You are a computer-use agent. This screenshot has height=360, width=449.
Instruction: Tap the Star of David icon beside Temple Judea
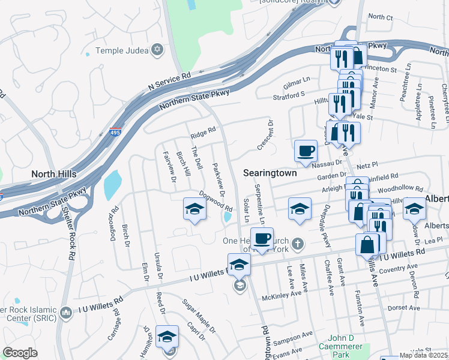point(158,50)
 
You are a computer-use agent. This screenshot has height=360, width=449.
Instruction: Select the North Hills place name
point(54,173)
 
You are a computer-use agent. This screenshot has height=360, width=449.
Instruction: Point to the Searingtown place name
point(270,172)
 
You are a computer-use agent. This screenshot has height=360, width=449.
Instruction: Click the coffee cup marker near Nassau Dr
point(306,150)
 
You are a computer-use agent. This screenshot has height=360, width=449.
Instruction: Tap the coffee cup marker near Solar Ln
point(262,238)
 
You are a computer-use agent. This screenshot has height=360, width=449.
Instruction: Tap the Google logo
point(20,353)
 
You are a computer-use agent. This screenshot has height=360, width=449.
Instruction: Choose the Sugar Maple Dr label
point(199,316)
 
